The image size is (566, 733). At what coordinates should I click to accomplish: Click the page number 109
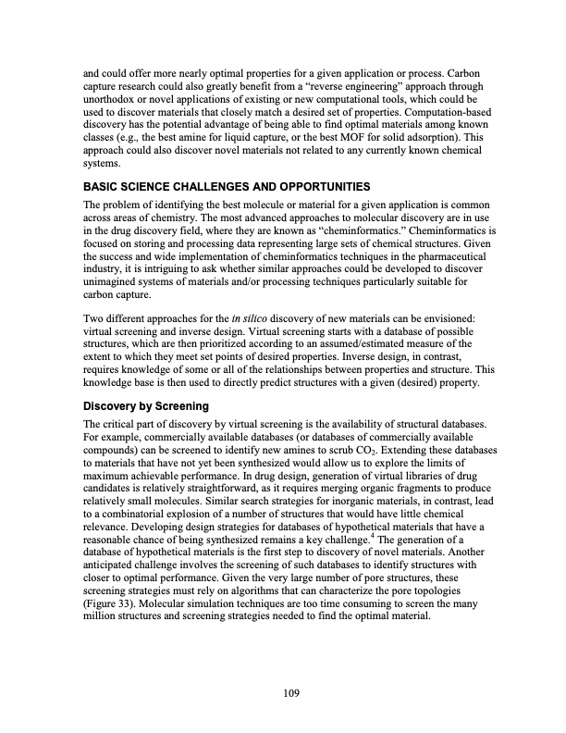pyautogui.click(x=282, y=691)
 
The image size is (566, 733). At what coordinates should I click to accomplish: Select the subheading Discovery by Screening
pyautogui.click(x=146, y=405)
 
